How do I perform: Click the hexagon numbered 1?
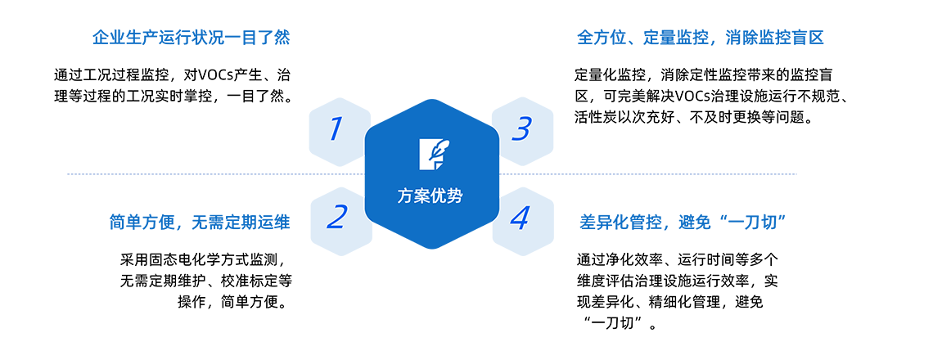(x=337, y=131)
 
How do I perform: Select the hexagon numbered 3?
(x=521, y=131)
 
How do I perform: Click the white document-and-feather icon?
(x=431, y=154)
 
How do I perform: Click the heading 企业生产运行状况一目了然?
(x=191, y=38)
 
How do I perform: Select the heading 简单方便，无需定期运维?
(x=200, y=223)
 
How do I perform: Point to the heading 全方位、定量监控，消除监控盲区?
(x=701, y=38)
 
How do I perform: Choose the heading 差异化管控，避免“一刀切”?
(x=683, y=223)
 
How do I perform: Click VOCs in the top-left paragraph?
(x=217, y=76)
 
